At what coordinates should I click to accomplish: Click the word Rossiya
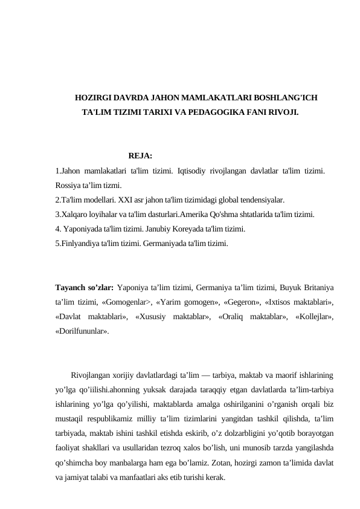[x=69, y=185]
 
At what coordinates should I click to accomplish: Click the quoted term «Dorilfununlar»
[x=82, y=331]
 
